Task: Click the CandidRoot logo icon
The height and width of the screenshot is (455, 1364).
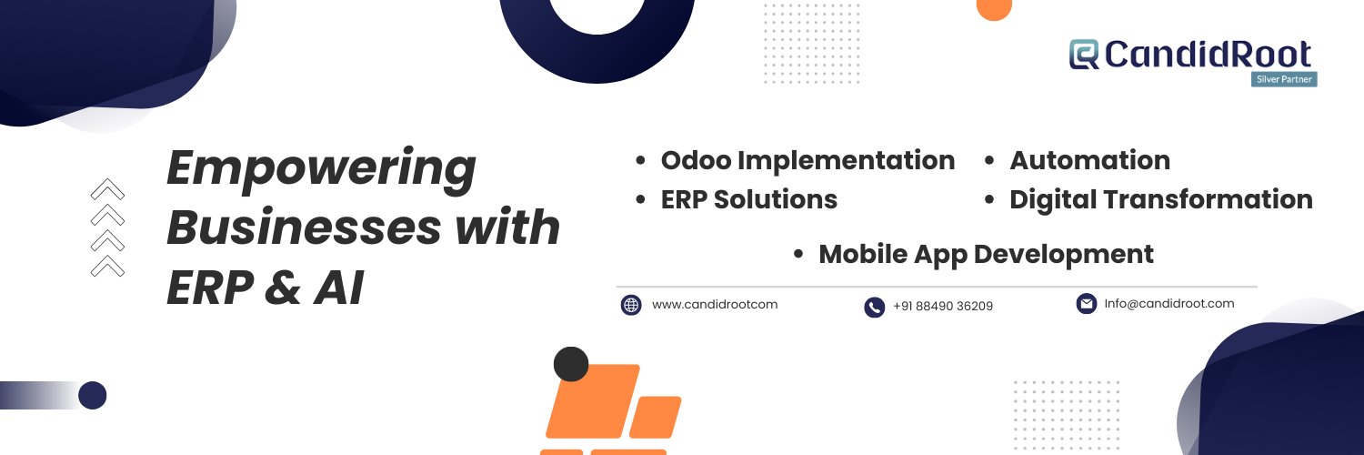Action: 1084,55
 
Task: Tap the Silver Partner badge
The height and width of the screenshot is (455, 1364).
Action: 1284,79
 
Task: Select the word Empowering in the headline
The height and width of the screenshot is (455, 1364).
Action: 321,168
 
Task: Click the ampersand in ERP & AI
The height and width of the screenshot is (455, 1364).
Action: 283,288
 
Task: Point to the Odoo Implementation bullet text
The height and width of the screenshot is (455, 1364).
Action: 807,161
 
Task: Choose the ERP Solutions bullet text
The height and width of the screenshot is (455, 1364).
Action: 749,199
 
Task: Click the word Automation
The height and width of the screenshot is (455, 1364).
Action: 1090,160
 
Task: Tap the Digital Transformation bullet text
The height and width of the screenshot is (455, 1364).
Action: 1161,200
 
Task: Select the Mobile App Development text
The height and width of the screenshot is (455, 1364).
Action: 986,255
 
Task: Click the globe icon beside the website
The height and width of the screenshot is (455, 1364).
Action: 631,305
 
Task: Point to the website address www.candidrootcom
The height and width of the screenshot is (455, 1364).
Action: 714,304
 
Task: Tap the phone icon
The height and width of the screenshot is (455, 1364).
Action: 875,307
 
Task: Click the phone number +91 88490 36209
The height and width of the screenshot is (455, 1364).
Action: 943,306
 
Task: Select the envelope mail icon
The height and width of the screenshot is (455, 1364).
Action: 1087,303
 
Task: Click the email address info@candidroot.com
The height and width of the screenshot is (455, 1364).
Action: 1169,303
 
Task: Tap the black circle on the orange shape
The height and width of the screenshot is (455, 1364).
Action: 571,364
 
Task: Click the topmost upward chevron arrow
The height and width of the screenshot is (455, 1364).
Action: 108,189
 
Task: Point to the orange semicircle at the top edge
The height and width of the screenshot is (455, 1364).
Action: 994,9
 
